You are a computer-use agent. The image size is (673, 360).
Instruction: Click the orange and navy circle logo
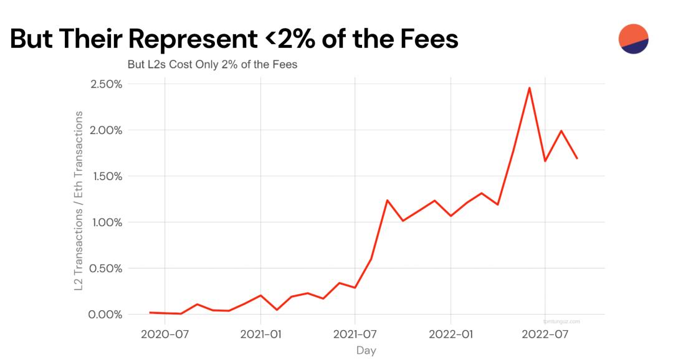click(x=633, y=39)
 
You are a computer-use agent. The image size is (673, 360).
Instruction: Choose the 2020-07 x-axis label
click(x=165, y=334)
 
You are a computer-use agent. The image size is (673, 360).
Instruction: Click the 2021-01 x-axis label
click(x=260, y=334)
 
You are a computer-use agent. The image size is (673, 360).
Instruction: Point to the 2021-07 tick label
click(x=355, y=334)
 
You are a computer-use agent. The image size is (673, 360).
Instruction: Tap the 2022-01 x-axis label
click(x=451, y=334)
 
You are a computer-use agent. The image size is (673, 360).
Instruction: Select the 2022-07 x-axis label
click(x=545, y=334)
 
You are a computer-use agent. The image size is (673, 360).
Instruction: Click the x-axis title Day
click(x=366, y=351)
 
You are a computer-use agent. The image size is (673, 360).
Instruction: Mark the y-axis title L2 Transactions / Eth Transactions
click(x=79, y=201)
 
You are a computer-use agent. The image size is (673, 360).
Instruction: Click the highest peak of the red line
click(x=529, y=88)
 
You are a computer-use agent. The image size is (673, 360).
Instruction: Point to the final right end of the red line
click(x=577, y=158)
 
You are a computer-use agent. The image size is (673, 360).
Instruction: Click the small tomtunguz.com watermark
click(x=561, y=321)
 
